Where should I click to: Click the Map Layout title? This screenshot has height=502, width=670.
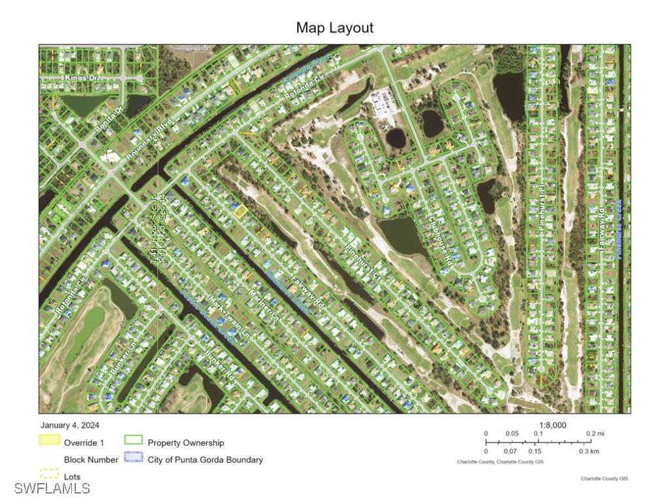point(334,27)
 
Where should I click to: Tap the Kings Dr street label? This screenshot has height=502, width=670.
point(79,78)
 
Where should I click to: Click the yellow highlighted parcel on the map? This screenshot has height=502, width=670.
point(240,210)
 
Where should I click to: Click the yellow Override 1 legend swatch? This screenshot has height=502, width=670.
point(50,440)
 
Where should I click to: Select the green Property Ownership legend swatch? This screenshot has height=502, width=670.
point(133,441)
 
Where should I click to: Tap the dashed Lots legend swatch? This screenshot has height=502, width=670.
point(50,473)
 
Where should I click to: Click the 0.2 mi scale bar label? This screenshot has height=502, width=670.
point(595,434)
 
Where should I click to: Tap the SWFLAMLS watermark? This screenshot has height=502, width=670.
point(52,488)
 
